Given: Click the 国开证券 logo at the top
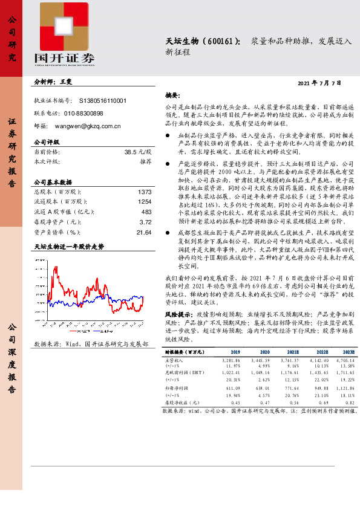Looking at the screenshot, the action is pyautogui.click(x=68, y=35).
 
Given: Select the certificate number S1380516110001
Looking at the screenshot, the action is pyautogui.click(x=103, y=100).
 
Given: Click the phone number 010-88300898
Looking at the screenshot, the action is pyautogui.click(x=83, y=113).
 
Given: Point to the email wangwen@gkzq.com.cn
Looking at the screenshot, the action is pyautogui.click(x=89, y=126).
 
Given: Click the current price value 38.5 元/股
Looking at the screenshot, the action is pyautogui.click(x=137, y=153).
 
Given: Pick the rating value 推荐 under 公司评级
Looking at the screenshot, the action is pyautogui.click(x=145, y=162).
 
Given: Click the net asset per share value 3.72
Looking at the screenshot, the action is pyautogui.click(x=145, y=222).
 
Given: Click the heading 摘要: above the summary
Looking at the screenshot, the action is pyautogui.click(x=172, y=96).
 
